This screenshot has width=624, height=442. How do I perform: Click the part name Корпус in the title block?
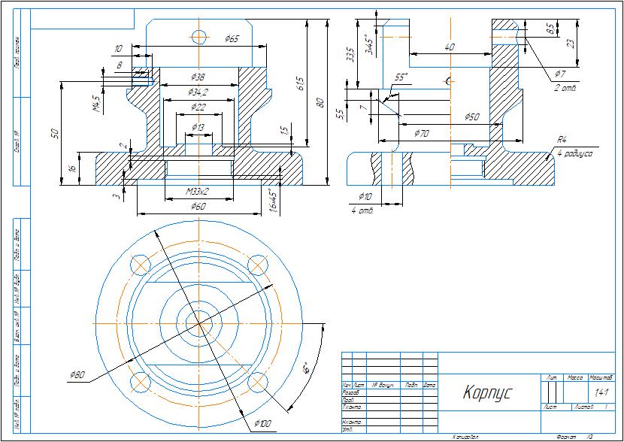pyautogui.click(x=486, y=392)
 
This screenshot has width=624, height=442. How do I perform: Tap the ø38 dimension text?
pyautogui.click(x=198, y=77)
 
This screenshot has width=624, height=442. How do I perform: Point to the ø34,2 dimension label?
pyautogui.click(x=198, y=92)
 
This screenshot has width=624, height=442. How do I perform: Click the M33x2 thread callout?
pyautogui.click(x=198, y=192)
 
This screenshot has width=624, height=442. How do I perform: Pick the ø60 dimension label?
pyautogui.click(x=198, y=206)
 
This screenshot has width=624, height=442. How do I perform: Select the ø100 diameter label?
pyautogui.click(x=262, y=424)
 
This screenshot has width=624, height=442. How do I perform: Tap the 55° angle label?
pyautogui.click(x=401, y=77)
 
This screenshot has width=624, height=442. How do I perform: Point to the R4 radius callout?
pyautogui.click(x=562, y=139)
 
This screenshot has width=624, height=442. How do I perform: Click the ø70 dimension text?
pyautogui.click(x=422, y=133)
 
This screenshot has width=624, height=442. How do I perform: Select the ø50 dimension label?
pyautogui.click(x=472, y=117)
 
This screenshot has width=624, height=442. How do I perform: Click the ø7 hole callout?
pyautogui.click(x=559, y=74)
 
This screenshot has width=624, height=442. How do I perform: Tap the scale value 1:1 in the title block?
pyautogui.click(x=601, y=392)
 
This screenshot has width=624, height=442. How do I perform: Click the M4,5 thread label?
pyautogui.click(x=96, y=101)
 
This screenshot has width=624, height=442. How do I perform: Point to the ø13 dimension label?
pyautogui.click(x=198, y=128)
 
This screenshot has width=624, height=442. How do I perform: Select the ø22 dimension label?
pyautogui.click(x=198, y=107)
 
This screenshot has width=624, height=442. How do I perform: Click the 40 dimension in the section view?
pyautogui.click(x=450, y=47)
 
